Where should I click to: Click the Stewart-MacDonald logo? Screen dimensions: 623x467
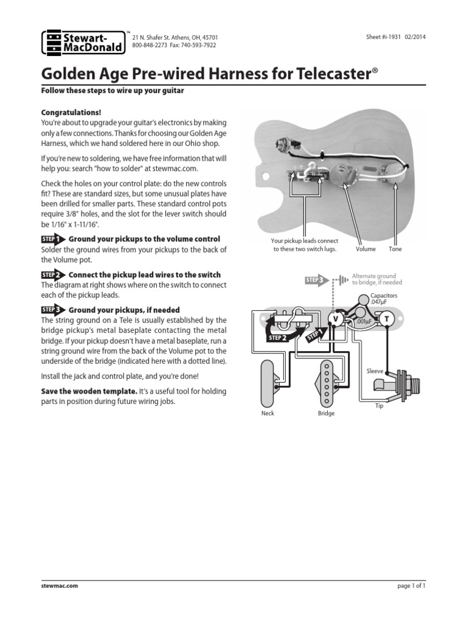coord(81,43)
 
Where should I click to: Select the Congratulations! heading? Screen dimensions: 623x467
coord(71,113)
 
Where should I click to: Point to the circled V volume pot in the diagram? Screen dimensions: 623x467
coord(334,318)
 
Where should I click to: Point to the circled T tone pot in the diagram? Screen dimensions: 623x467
coord(386,318)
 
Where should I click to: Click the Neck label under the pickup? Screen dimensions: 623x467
coord(268,413)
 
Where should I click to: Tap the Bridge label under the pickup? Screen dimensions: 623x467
coord(326,413)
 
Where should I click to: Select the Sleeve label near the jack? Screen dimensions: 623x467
coord(375,371)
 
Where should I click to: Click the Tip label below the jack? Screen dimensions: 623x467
coord(379,405)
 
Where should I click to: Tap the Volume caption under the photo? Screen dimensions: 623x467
coord(365,249)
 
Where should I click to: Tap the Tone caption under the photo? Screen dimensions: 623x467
coord(395,249)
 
